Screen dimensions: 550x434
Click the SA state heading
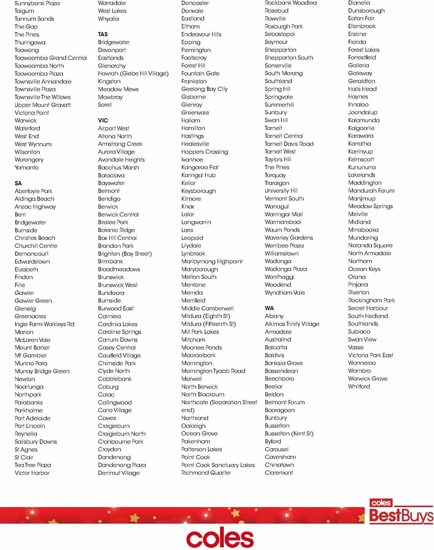pyautogui.click(x=18, y=183)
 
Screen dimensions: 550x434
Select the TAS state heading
pyautogui.click(x=103, y=34)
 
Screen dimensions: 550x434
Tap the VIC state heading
pyautogui.click(x=103, y=120)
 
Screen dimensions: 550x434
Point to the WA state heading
pyautogui.click(x=269, y=308)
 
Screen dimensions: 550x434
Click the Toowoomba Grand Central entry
pyautogui.click(x=51, y=58)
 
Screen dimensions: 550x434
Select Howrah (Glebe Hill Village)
pyautogui.click(x=133, y=73)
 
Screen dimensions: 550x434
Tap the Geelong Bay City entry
pyautogui.click(x=204, y=89)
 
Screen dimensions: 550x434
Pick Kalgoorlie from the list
pyautogui.click(x=361, y=128)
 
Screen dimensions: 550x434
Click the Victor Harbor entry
pyautogui.click(x=32, y=473)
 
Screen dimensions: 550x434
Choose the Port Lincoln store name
pyautogui.click(x=30, y=426)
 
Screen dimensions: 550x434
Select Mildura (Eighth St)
pyautogui.click(x=206, y=316)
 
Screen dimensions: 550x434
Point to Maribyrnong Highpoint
pyautogui.click(x=212, y=261)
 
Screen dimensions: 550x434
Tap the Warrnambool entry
pyautogui.click(x=283, y=222)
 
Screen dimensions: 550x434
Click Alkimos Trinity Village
pyautogui.click(x=292, y=324)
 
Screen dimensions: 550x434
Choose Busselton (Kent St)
pyautogui.click(x=289, y=433)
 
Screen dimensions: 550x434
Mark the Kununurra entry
pyautogui.click(x=362, y=167)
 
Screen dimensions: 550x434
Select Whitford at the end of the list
pyautogui.click(x=359, y=386)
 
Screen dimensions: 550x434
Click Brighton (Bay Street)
pyautogui.click(x=125, y=254)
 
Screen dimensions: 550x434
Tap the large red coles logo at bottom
pyautogui.click(x=220, y=538)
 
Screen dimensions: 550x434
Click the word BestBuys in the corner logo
pyautogui.click(x=401, y=516)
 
